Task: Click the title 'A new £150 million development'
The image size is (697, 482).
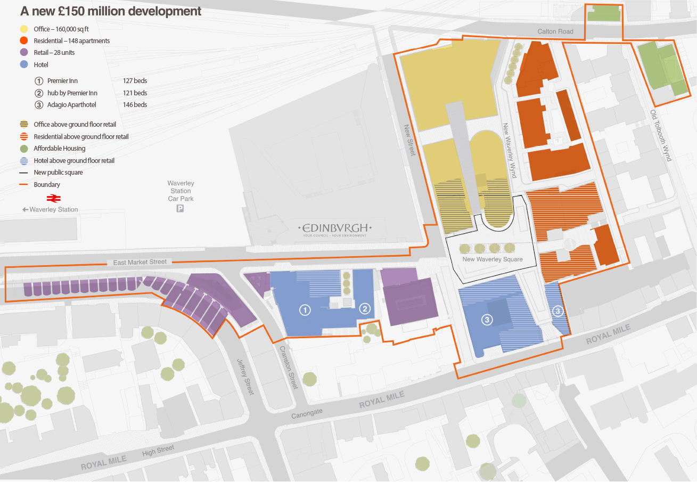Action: (111, 11)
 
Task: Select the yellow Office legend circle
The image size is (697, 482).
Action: (24, 29)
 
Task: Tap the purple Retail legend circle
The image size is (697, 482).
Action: (24, 53)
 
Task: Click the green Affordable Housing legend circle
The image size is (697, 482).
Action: (24, 149)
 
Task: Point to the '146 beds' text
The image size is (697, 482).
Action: (135, 105)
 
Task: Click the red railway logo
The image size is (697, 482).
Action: (53, 199)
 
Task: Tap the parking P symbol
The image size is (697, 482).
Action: (180, 209)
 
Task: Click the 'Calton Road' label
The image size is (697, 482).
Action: (555, 32)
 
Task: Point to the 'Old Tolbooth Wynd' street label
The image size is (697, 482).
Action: (661, 135)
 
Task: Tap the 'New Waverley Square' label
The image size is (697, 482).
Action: (493, 259)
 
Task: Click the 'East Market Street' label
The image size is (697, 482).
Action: (140, 262)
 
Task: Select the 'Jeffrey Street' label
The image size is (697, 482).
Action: (245, 376)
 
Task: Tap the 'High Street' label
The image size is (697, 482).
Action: (158, 450)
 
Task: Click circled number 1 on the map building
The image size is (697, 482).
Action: (305, 309)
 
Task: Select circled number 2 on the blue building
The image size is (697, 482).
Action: (365, 308)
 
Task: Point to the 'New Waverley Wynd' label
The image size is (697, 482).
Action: (510, 151)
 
